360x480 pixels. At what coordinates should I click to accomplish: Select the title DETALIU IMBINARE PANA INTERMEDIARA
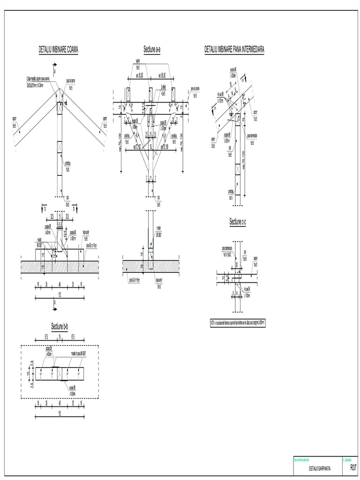234,49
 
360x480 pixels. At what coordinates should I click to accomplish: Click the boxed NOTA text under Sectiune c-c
238,323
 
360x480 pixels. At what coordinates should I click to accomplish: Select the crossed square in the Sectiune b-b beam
60,374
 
